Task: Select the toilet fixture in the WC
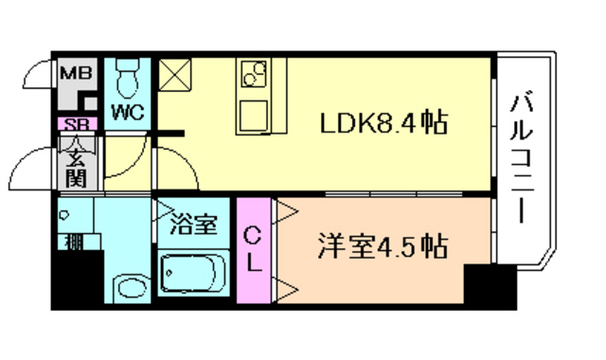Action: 128,74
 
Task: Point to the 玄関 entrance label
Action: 75,163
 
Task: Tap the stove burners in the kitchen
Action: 254,74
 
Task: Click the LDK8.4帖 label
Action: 383,124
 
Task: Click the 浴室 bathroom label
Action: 195,225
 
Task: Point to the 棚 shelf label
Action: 72,242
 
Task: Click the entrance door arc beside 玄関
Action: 28,171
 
